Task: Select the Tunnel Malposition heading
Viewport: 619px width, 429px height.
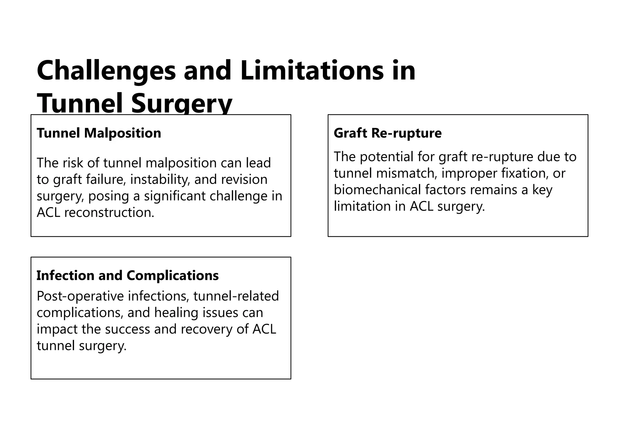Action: tap(99, 133)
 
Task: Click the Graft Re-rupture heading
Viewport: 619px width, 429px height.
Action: tap(387, 133)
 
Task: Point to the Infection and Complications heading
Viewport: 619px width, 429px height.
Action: tap(128, 275)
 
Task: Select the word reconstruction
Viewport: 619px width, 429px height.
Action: tap(109, 212)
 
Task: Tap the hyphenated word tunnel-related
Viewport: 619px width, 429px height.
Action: tap(236, 296)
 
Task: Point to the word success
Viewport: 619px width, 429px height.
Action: tap(127, 329)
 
